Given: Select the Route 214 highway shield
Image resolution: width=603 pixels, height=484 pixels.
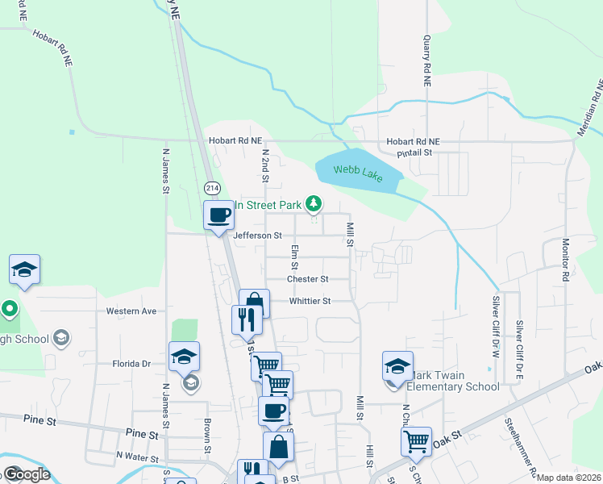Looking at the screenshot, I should pos(212,188).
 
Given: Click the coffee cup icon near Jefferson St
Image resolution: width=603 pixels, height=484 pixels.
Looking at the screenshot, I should pos(219,215).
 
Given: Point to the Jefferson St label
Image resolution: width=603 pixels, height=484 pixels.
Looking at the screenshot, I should pos(257,236).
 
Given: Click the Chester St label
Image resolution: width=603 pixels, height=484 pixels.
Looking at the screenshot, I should pos(308,279).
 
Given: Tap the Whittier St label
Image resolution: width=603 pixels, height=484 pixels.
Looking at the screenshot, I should pos(310,301).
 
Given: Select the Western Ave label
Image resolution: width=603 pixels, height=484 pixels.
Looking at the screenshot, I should pos(131,311).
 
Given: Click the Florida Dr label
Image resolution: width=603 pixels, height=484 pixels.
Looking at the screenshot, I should pos(131,364).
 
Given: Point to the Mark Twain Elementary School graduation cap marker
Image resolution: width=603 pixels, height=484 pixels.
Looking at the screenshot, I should pos(397,365).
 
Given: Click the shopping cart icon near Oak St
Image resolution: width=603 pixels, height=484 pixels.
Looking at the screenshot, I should pos(416,441).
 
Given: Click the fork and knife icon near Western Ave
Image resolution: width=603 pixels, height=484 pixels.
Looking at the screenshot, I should pos(247,319).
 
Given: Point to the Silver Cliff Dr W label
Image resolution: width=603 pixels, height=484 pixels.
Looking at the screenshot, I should pos(497,326).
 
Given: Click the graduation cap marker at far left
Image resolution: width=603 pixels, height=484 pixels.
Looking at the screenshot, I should pos(25,269).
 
